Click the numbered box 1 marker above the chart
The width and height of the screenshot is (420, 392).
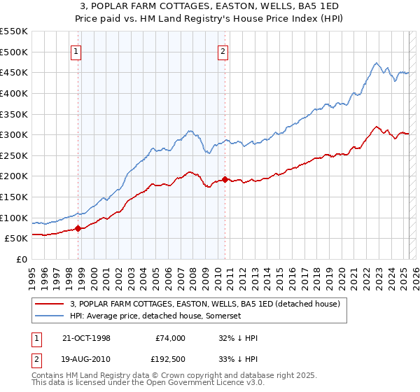75,50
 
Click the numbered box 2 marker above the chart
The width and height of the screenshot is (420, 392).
223,50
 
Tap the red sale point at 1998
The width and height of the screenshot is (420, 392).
78,228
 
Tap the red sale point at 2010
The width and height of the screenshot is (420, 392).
225,179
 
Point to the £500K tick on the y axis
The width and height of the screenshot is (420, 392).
14,52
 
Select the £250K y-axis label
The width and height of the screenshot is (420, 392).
14,155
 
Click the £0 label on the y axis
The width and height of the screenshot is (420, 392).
22,259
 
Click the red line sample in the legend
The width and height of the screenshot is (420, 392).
50,304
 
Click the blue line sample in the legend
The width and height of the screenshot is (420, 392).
50,316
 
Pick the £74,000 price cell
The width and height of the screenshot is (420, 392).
170,338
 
